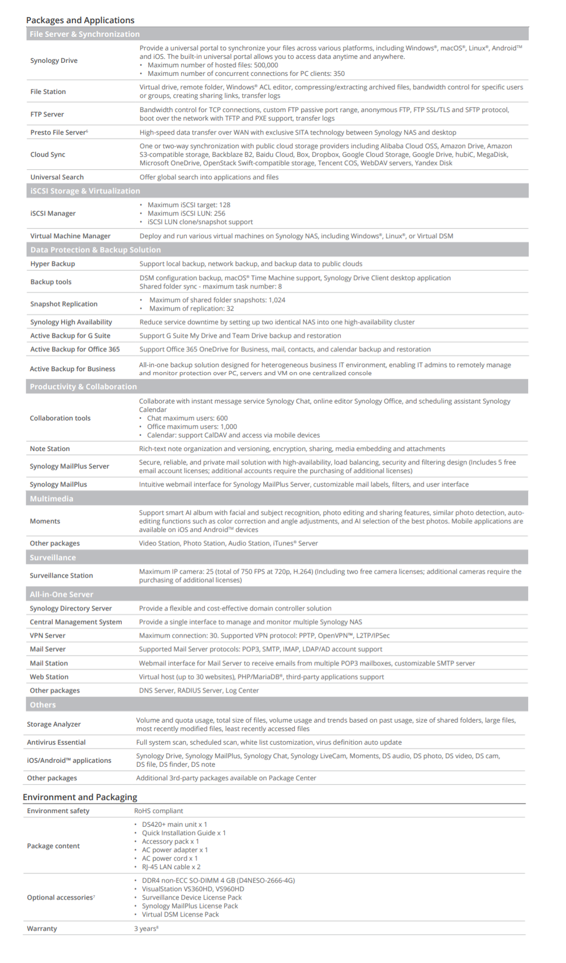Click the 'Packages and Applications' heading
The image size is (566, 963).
(x=80, y=20)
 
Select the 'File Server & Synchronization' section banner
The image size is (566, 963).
(x=85, y=34)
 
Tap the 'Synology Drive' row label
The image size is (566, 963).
(x=54, y=61)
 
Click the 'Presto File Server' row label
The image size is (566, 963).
(x=59, y=132)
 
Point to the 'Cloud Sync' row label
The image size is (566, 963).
(x=48, y=154)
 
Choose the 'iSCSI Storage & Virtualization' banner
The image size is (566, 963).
(x=85, y=191)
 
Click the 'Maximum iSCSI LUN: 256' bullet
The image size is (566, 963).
(x=186, y=213)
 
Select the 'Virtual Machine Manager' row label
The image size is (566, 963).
(x=70, y=236)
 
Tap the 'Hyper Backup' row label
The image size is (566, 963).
(x=53, y=264)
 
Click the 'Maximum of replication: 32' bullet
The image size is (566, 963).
(x=191, y=308)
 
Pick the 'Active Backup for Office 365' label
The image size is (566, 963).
(x=75, y=349)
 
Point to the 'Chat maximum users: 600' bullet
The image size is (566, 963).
(x=187, y=418)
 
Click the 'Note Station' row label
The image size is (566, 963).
(x=50, y=449)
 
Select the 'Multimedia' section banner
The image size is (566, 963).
(x=52, y=499)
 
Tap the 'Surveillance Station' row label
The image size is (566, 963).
(x=61, y=575)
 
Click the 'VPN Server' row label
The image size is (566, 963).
(x=48, y=635)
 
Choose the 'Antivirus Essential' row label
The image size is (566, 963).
(x=57, y=742)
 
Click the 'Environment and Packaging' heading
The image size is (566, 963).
(x=80, y=797)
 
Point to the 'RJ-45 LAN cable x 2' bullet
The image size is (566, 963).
(x=171, y=867)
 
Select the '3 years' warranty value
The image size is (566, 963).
(x=145, y=928)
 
